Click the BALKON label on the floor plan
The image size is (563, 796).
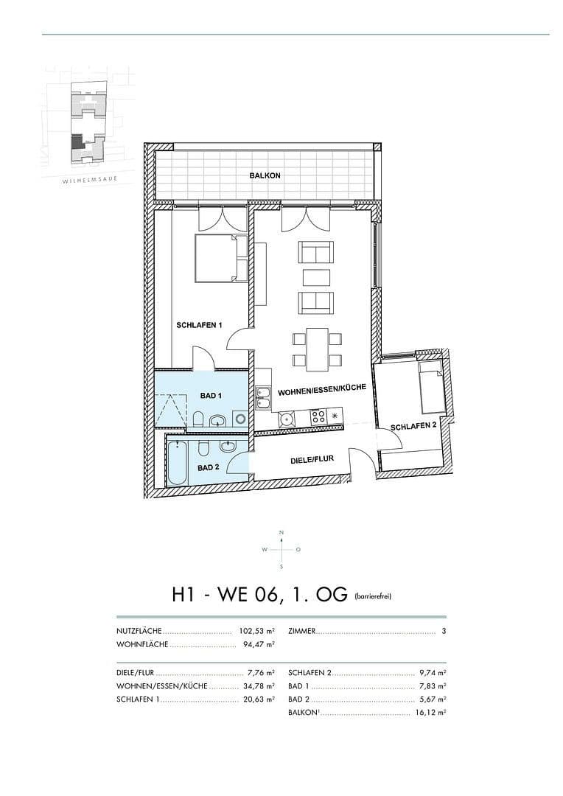tap(265, 175)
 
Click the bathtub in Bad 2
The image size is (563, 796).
tap(177, 462)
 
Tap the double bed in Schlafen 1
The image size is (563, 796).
tap(220, 259)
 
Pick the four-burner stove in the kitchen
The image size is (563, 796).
tap(318, 416)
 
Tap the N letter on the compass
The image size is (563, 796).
tap(281, 532)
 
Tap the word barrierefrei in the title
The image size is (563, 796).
tap(372, 596)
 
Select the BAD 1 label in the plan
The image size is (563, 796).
tap(211, 396)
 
